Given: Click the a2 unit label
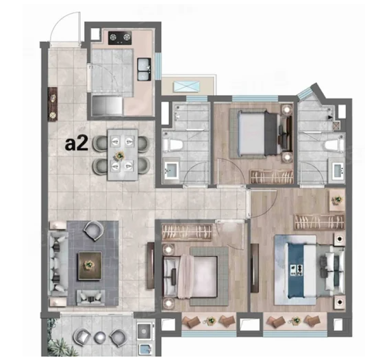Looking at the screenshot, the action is [x=76, y=144].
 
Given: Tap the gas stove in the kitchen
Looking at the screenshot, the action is [x=120, y=38].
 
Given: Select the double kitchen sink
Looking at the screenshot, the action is [x=144, y=69].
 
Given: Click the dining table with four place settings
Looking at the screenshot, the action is [x=123, y=155].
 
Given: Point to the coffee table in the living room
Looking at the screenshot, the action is [x=90, y=266].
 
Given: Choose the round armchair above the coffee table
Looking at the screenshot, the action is [x=94, y=231].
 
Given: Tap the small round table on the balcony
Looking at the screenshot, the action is [x=101, y=337].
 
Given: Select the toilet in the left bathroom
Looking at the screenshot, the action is [x=173, y=144].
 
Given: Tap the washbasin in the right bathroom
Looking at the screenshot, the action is [x=339, y=170].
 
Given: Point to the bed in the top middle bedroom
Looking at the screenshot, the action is [x=261, y=133].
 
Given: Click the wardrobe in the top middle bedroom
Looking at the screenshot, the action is [x=272, y=177].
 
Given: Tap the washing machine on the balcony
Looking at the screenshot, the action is [x=144, y=331].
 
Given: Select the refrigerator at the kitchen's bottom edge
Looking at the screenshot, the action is [x=107, y=106].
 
